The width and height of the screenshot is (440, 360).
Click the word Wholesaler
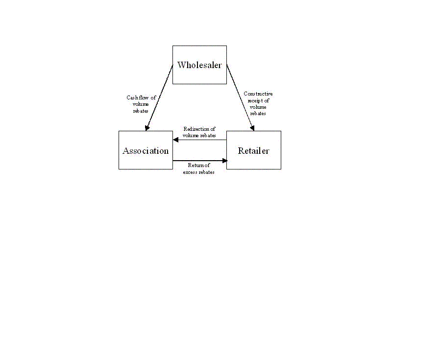(199, 65)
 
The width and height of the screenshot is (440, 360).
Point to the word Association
(146, 151)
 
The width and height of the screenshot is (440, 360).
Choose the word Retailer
(254, 151)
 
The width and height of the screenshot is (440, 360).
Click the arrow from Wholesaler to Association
(159, 98)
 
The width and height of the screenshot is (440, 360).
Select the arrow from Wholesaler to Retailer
(241, 98)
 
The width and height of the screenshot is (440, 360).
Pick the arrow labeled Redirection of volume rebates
(200, 140)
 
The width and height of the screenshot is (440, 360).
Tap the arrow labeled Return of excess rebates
(200, 161)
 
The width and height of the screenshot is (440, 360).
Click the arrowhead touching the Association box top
(147, 128)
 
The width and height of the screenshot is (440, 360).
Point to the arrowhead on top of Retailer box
(252, 128)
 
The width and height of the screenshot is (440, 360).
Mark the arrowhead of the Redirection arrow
(176, 140)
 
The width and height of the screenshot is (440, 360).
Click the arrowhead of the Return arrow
(225, 161)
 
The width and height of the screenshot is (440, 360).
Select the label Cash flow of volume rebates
(141, 104)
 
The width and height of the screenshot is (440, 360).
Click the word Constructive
(258, 94)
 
